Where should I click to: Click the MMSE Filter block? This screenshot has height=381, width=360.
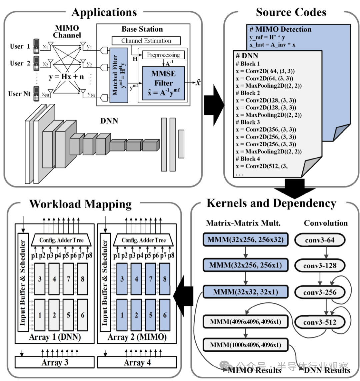click(163, 83)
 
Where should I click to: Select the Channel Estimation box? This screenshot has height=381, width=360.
click(146, 41)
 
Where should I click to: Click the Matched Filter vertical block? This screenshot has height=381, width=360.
click(119, 75)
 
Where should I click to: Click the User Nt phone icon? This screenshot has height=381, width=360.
click(36, 94)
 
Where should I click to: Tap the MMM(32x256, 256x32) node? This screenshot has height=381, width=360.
click(245, 239)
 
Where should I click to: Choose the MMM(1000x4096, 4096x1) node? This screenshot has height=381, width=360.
click(245, 345)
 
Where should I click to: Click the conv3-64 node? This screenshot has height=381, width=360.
click(319, 240)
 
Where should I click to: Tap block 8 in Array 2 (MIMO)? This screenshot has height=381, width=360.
click(165, 279)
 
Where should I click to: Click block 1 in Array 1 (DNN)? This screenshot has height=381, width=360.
click(40, 315)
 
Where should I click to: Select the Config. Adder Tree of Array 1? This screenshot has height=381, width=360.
click(61, 240)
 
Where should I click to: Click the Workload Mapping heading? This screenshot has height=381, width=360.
click(80, 204)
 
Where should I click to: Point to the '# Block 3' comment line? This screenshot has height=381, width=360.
click(248, 122)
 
